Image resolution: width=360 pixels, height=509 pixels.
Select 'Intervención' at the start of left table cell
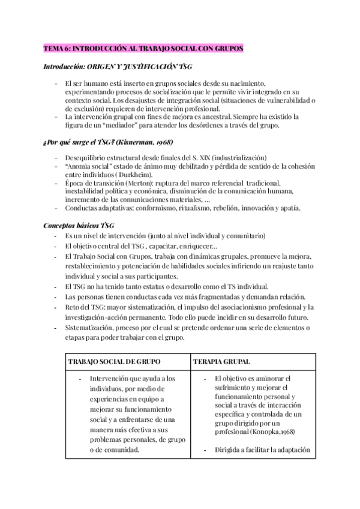pyautogui.click(x=110, y=379)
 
